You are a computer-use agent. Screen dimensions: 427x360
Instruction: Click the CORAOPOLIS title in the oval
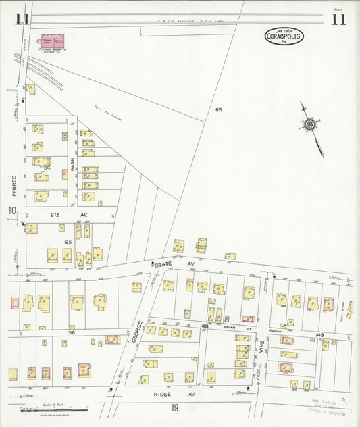click(284, 38)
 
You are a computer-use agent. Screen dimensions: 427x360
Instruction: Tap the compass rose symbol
click(310, 124)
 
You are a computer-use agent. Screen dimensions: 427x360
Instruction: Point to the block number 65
click(218, 109)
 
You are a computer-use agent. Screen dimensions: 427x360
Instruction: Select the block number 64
click(47, 167)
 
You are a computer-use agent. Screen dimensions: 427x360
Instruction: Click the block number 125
click(49, 241)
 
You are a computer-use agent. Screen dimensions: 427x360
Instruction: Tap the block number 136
click(70, 332)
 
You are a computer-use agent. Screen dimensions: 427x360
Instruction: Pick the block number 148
click(205, 326)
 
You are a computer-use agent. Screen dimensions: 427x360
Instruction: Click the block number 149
click(319, 334)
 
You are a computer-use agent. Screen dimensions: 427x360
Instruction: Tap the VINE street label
click(261, 348)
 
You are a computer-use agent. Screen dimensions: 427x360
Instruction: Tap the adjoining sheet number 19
click(174, 407)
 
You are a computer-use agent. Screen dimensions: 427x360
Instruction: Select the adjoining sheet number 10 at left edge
click(11, 211)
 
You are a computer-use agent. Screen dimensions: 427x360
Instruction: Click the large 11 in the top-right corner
click(338, 20)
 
